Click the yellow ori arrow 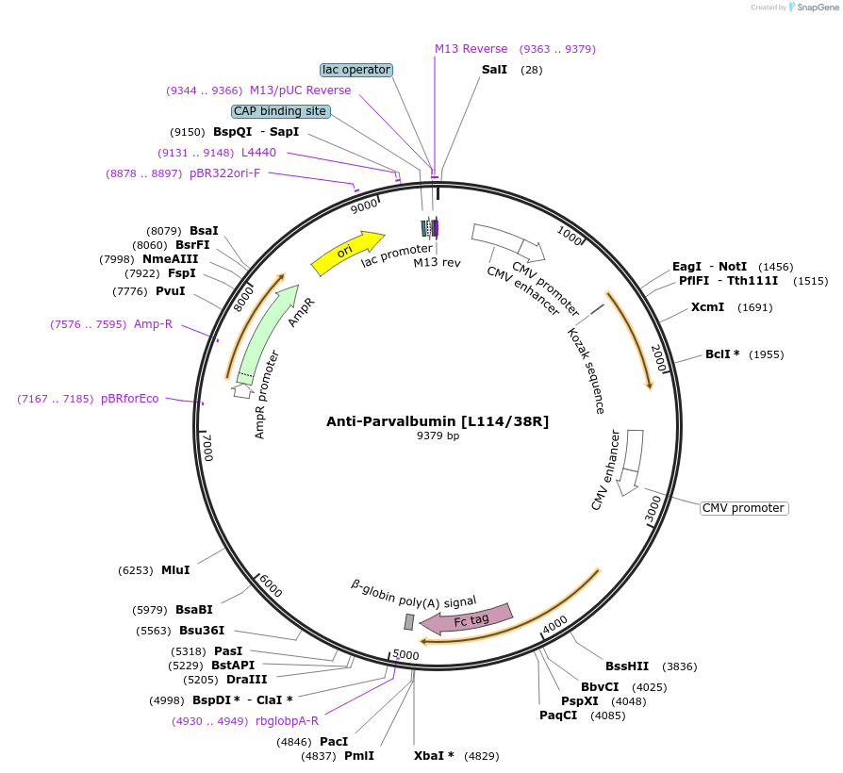(x=346, y=253)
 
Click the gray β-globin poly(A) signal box (x=409, y=621)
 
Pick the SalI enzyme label (x=494, y=70)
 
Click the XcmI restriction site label (x=707, y=306)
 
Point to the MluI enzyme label (x=175, y=569)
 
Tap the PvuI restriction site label (x=171, y=290)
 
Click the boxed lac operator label (x=356, y=70)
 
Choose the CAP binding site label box (x=280, y=111)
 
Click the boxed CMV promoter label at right (x=744, y=508)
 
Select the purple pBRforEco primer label (x=130, y=399)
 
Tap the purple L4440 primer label (x=258, y=152)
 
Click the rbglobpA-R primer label (x=287, y=721)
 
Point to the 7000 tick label (x=208, y=448)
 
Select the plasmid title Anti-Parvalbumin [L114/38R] (x=438, y=421)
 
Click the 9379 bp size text (x=438, y=436)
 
